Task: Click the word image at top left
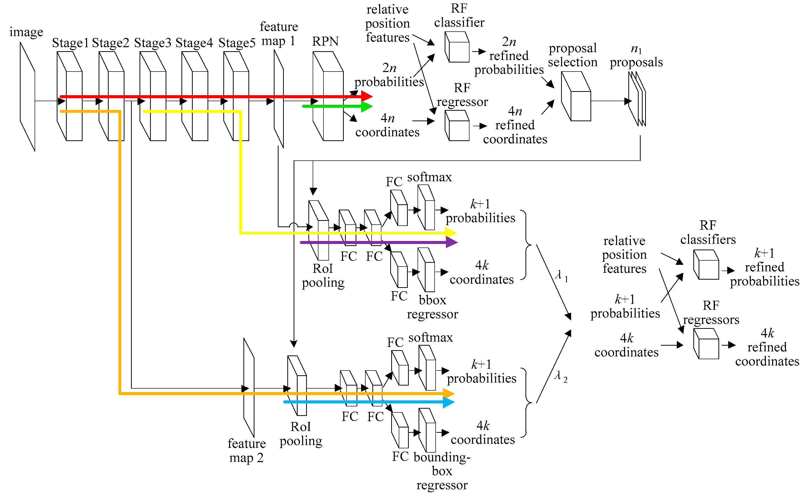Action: click(26, 32)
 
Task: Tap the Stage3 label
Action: click(153, 43)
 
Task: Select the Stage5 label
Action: click(237, 43)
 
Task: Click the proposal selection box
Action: click(576, 97)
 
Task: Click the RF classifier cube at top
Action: click(457, 47)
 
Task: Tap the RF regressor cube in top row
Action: click(457, 126)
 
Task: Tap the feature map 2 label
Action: click(246, 451)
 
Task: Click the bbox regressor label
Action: click(432, 307)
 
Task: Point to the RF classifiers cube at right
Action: click(706, 265)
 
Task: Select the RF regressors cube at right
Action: click(706, 344)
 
